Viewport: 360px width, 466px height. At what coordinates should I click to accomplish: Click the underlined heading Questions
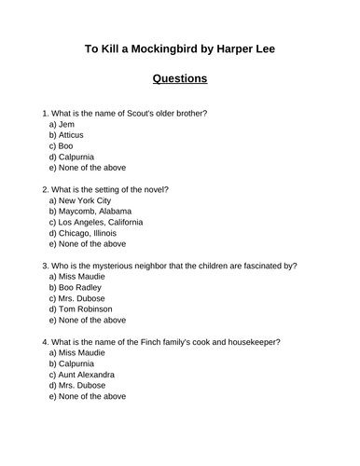click(179, 78)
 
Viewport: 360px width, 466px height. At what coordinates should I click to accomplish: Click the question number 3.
click(33, 265)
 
